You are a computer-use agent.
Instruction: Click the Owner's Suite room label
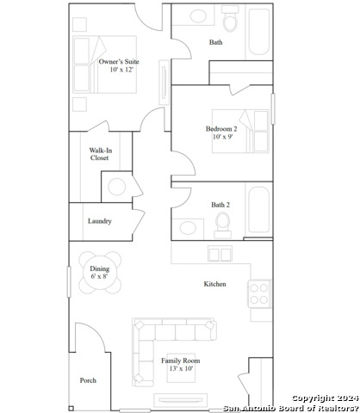pos(119,62)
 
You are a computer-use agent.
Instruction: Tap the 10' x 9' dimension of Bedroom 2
pos(222,137)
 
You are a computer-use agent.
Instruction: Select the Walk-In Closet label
pos(100,154)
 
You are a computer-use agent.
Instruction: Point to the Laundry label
pos(100,221)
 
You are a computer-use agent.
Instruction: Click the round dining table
pos(100,273)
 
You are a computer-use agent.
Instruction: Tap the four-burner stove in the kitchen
pos(259,293)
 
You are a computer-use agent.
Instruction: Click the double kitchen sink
pos(220,254)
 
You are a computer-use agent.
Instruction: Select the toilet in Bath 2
pos(223,225)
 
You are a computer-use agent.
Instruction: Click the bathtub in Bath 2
pos(259,210)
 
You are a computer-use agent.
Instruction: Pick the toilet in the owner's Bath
pos(230,19)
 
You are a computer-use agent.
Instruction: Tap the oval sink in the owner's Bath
pos(198,15)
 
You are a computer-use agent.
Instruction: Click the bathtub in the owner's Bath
pos(259,32)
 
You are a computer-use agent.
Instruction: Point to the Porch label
pos(88,380)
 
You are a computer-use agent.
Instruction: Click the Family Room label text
pos(180,361)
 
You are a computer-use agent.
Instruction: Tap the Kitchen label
pos(214,284)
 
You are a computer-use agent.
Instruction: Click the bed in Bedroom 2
pos(240,131)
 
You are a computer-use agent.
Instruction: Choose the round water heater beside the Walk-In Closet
pos(116,187)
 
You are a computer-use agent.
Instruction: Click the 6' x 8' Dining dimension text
pos(99,276)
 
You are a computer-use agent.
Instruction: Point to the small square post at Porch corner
pos(71,409)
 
